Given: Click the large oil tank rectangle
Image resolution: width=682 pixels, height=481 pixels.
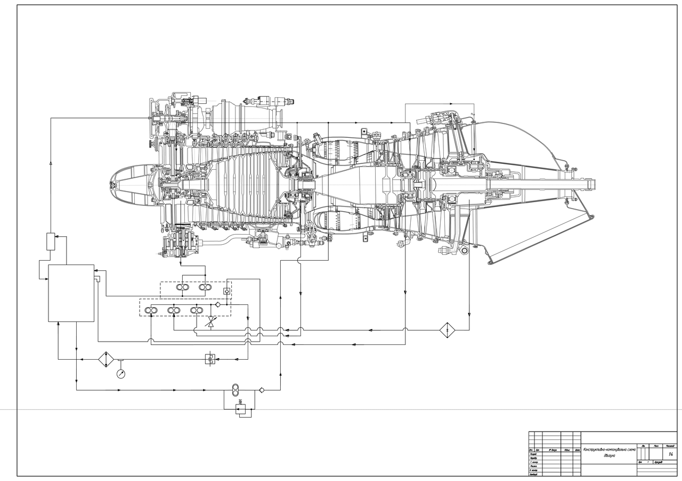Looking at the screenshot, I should click(71, 293).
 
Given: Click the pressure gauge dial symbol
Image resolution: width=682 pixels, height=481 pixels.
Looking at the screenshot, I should click(121, 374).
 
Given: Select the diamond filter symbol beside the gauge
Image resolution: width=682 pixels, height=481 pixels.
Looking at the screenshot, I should click(106, 359).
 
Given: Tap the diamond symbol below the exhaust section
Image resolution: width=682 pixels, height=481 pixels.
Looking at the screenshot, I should click(448, 330).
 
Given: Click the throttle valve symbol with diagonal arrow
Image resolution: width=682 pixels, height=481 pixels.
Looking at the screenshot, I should click(211, 322).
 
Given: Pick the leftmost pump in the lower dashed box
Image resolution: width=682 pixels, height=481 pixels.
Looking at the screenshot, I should click(151, 310).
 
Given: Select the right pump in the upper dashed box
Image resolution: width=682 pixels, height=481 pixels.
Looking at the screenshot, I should click(203, 287).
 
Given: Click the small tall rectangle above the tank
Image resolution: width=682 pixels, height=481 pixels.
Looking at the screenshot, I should click(51, 241).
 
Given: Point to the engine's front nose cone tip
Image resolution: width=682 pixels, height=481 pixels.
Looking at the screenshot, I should click(111, 184).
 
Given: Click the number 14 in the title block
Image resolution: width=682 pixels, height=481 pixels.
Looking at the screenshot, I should click(670, 454).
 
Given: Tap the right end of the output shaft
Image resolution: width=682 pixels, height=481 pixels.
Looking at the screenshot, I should click(595, 185).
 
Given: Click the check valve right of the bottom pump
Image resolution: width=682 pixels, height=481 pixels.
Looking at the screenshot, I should click(262, 390).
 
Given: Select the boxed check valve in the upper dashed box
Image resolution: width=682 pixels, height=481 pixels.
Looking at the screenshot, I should click(227, 291).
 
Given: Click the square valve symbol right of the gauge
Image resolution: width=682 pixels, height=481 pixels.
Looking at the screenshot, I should click(210, 359).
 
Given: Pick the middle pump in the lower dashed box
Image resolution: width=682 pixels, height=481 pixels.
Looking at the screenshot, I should click(174, 310).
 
